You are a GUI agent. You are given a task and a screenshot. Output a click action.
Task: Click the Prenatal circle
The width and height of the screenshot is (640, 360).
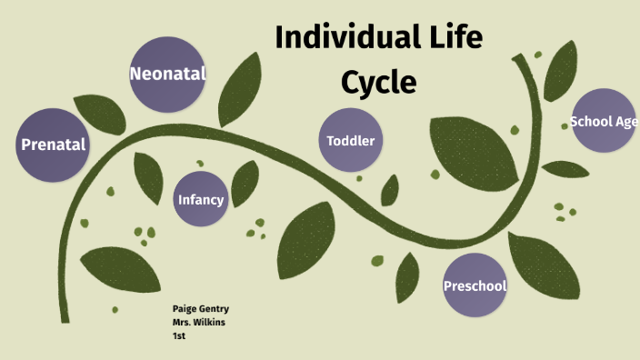[53, 144]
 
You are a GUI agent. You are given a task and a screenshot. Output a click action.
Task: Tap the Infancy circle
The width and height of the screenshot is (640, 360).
[201, 199]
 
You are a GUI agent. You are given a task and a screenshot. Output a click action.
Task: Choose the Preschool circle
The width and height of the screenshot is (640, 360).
[475, 286]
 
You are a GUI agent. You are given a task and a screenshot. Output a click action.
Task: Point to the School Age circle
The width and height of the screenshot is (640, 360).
[603, 122]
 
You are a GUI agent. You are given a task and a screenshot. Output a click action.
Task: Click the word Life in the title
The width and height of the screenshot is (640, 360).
[457, 38]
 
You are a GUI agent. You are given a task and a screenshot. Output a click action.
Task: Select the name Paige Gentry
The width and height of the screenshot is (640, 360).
[201, 309]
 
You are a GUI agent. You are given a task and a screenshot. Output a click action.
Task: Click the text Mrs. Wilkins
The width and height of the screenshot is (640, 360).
[200, 323]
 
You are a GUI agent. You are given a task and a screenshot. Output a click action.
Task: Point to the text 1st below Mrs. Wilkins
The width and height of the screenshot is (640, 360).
[178, 336]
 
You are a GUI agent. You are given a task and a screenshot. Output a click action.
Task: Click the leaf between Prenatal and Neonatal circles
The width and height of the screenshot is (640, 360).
[100, 113]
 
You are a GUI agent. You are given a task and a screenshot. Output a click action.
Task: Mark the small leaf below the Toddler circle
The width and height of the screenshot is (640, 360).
[390, 190]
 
